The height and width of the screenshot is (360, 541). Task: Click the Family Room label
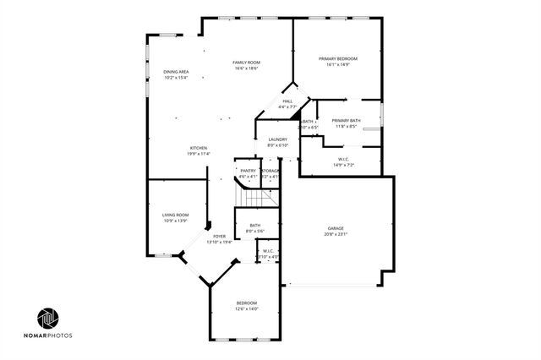tap(246, 63)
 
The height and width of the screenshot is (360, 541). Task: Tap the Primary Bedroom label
tap(337, 58)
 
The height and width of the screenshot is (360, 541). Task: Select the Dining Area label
tap(175, 72)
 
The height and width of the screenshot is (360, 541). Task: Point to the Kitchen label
tap(198, 148)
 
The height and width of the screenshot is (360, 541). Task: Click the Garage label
tap(336, 228)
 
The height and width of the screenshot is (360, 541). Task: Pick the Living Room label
tap(175, 215)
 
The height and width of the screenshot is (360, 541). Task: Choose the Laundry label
tap(277, 139)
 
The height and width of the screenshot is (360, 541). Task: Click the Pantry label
tap(248, 171)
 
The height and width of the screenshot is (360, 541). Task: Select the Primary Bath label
tap(346, 121)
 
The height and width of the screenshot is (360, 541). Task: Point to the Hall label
tap(287, 101)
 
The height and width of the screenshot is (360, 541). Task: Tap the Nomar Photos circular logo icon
tap(48, 318)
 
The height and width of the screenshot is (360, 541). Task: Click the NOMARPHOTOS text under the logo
tap(48, 336)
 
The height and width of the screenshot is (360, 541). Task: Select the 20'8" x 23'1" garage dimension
tap(336, 234)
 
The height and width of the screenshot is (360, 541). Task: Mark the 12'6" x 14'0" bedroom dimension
tap(247, 308)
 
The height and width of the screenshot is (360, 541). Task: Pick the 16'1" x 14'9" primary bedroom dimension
tap(337, 64)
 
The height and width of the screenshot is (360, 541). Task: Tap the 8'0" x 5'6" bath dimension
tap(254, 231)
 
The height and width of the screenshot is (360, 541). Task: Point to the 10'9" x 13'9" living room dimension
tap(175, 221)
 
